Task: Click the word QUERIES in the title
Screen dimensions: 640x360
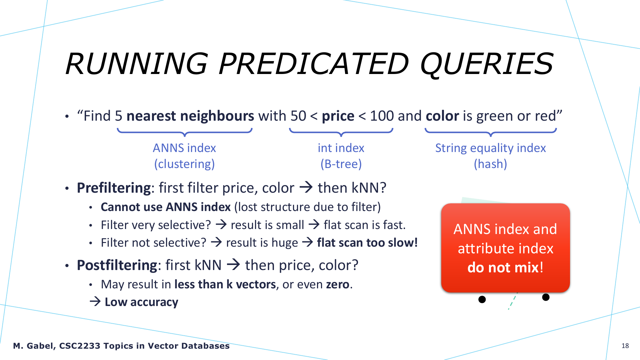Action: tap(487, 64)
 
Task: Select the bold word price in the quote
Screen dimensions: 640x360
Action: tap(338, 116)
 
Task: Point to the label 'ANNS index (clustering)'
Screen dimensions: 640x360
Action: tap(184, 156)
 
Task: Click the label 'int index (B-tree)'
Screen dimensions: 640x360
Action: tap(341, 156)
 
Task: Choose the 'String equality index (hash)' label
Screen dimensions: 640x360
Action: tap(490, 156)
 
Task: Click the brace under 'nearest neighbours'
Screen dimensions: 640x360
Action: tap(185, 133)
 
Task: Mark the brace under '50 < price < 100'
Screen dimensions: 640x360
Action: tap(341, 133)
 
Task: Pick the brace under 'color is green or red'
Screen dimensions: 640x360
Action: tap(491, 133)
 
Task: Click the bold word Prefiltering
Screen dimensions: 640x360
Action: tap(114, 188)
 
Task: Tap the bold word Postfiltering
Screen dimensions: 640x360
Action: tap(117, 265)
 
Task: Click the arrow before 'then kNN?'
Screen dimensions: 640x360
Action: tap(306, 187)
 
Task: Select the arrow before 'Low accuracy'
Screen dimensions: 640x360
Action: tap(95, 302)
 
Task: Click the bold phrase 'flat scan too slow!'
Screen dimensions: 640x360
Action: tap(367, 243)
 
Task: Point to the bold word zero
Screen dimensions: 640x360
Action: tap(338, 284)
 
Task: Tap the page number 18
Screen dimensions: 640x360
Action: tap(625, 346)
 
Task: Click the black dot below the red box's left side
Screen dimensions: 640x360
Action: tap(482, 299)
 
